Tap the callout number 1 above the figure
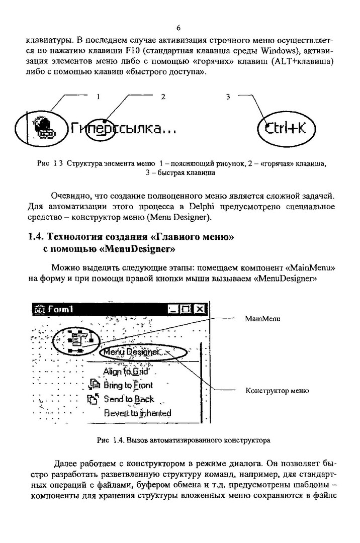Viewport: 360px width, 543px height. tap(99, 96)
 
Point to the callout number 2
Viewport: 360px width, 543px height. tap(163, 96)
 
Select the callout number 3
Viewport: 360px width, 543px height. tap(227, 96)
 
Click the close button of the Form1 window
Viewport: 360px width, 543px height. tap(200, 309)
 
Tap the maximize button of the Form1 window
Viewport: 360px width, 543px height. tap(187, 309)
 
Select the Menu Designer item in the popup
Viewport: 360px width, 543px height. tap(131, 352)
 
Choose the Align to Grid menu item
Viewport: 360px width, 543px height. tap(126, 372)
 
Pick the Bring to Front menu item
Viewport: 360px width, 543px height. tap(128, 386)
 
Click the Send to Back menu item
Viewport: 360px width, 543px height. tap(129, 399)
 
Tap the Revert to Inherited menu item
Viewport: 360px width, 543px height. tap(137, 413)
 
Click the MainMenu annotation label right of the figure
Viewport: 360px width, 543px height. tap(262, 319)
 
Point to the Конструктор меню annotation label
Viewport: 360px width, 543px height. tap(277, 391)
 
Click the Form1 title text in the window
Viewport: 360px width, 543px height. tap(60, 309)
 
